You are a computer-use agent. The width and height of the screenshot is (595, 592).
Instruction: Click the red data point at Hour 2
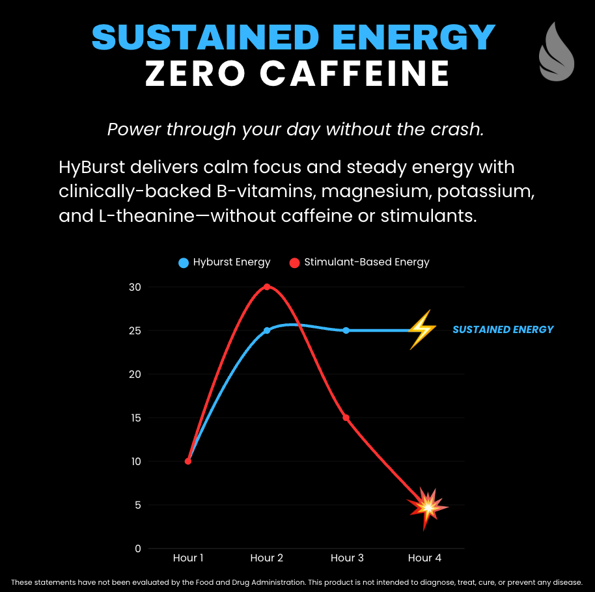pos(267,287)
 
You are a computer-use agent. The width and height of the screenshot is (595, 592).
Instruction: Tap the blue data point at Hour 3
pos(346,330)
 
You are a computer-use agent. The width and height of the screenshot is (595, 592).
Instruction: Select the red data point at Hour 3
pos(346,418)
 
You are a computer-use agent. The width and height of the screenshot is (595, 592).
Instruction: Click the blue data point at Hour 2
pos(267,330)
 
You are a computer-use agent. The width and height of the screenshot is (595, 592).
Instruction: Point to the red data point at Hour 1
pos(188,461)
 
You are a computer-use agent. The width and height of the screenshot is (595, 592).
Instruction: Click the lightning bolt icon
pos(422,330)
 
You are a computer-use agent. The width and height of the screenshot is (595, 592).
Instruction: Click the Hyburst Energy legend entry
pos(225,262)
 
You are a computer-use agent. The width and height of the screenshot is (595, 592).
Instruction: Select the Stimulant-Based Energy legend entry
pos(359,262)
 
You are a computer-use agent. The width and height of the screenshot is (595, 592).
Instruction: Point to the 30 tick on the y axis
pos(134,287)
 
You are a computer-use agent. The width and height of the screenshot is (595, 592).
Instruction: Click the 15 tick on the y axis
pos(134,418)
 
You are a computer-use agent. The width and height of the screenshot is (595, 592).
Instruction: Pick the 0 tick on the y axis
pos(137,548)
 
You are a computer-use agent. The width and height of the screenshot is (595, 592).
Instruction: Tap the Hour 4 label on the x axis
pos(424,558)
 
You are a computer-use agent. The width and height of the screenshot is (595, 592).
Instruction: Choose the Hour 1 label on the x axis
pos(188,558)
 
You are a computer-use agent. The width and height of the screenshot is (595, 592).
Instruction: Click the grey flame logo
pos(556,52)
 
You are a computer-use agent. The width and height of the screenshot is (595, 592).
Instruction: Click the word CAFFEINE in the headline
pos(355,73)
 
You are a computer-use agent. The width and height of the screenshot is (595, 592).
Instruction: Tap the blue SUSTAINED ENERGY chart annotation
pos(503,329)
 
